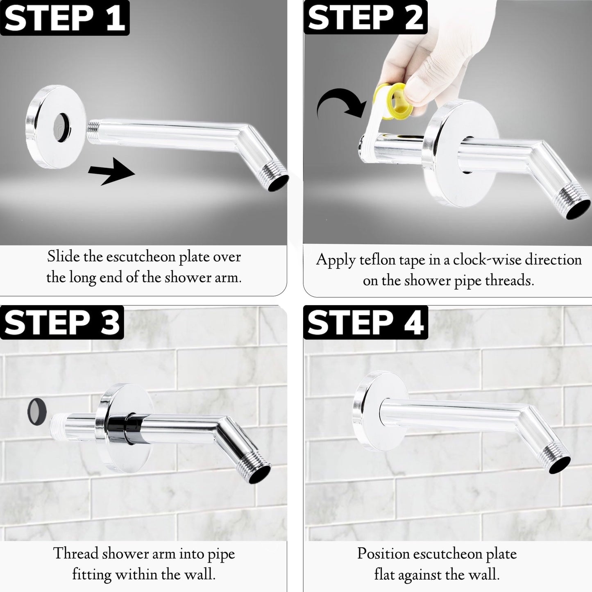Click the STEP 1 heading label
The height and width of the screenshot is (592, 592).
point(64,18)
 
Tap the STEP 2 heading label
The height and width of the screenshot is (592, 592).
point(365,17)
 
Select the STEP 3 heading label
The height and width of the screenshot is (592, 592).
point(62,322)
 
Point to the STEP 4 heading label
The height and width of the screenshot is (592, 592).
point(365,322)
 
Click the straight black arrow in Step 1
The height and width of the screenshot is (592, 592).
point(111,171)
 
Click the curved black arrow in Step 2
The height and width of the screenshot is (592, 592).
point(340,103)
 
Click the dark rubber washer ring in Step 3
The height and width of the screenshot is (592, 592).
point(37,412)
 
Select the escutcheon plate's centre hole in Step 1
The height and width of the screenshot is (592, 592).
point(62,127)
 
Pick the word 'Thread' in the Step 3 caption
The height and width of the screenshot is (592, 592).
point(75,553)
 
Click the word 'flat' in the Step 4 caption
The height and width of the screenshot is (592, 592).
point(384,574)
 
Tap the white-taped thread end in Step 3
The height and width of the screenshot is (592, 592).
point(58,423)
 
